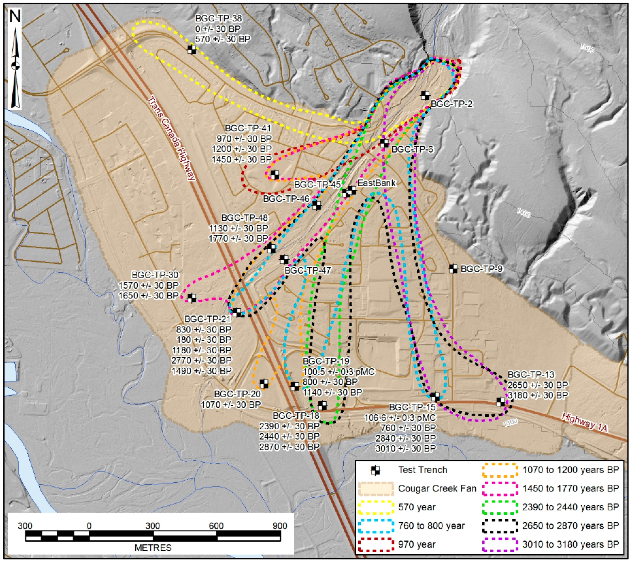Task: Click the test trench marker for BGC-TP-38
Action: click(192, 50)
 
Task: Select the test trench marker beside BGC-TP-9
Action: click(453, 268)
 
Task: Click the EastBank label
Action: click(376, 183)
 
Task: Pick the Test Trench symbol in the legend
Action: click(376, 470)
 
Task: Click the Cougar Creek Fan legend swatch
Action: click(376, 489)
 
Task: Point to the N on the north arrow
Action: click(15, 17)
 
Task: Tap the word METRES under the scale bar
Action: click(153, 548)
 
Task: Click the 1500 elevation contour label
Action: click(587, 48)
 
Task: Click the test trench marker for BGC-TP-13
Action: click(501, 402)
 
